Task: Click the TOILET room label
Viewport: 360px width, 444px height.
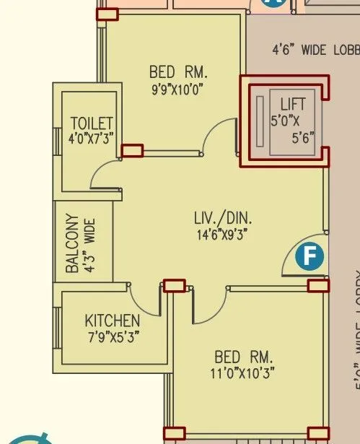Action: [91, 123]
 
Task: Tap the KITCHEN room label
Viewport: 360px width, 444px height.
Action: [113, 320]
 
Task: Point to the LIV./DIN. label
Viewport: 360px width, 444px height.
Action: [224, 217]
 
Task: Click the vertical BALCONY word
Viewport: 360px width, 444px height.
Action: [72, 243]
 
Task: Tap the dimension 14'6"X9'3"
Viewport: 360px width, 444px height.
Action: [224, 234]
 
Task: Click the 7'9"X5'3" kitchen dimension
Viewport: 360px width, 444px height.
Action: [113, 336]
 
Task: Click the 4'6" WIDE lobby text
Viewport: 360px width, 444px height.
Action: [315, 50]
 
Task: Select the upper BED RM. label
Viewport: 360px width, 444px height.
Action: [178, 72]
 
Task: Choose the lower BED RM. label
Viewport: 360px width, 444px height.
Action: [244, 357]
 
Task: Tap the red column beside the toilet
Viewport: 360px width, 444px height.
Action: [132, 150]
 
